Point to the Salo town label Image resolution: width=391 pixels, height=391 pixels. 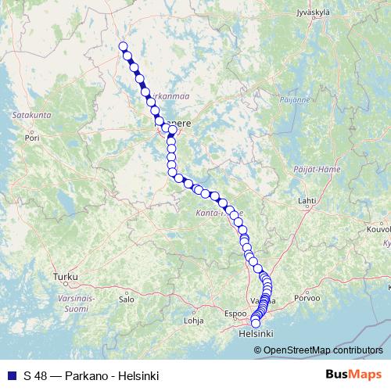click(126, 299)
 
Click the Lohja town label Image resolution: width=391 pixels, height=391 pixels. click(192, 320)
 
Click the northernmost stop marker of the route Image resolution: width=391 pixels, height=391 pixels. click(123, 46)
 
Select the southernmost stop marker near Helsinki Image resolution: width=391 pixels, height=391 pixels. click(255, 323)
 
